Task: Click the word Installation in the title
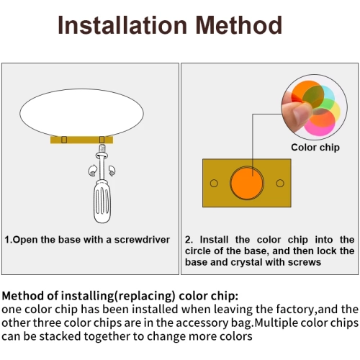point(122,25)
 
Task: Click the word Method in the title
point(239,25)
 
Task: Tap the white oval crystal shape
point(81,113)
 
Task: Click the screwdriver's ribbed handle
point(102,202)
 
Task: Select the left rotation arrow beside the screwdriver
point(92,171)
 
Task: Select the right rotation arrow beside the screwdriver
point(112,171)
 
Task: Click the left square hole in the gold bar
point(64,140)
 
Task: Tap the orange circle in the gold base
point(247,183)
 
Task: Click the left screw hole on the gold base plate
point(214,184)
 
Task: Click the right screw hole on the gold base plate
point(280,184)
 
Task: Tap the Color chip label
point(315,148)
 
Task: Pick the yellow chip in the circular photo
point(336,111)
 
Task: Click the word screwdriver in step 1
point(142,240)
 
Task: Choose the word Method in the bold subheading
point(23,296)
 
